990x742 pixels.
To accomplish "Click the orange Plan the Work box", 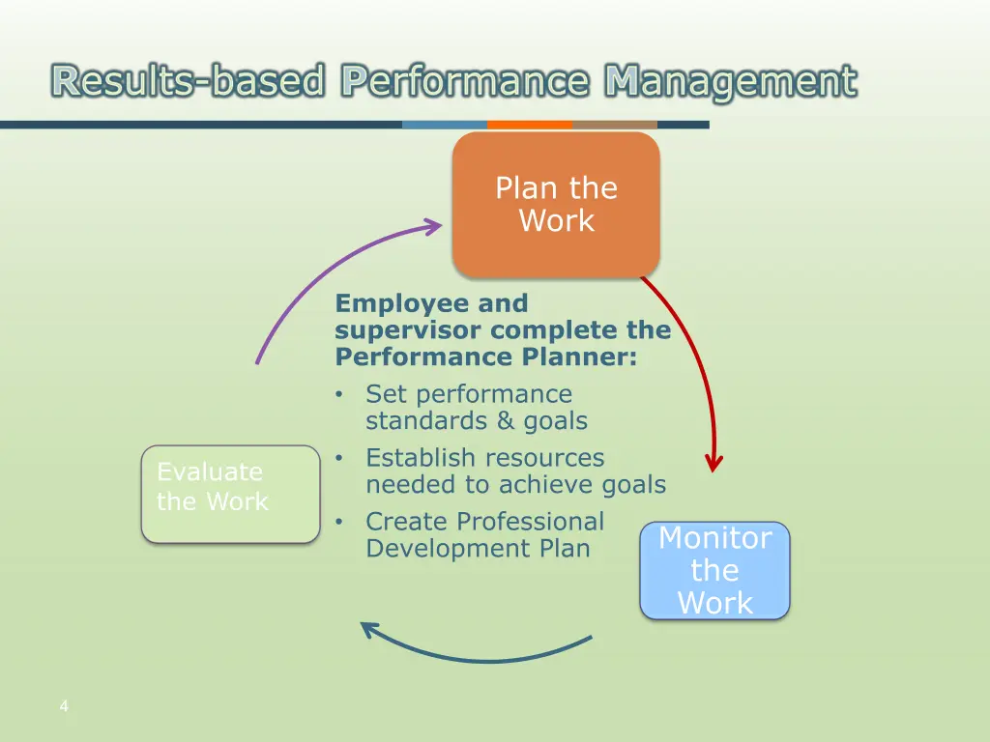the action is (556, 205).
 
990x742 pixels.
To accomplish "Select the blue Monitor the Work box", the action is (714, 570).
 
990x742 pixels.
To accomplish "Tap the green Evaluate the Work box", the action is (230, 494).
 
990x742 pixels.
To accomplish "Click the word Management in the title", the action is (730, 81).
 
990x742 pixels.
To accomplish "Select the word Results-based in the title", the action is (189, 81).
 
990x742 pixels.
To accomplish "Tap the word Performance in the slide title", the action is (464, 81).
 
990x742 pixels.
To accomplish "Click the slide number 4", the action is (64, 706).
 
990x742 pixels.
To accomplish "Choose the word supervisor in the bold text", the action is (408, 330).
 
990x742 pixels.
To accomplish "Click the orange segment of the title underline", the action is (529, 125).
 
